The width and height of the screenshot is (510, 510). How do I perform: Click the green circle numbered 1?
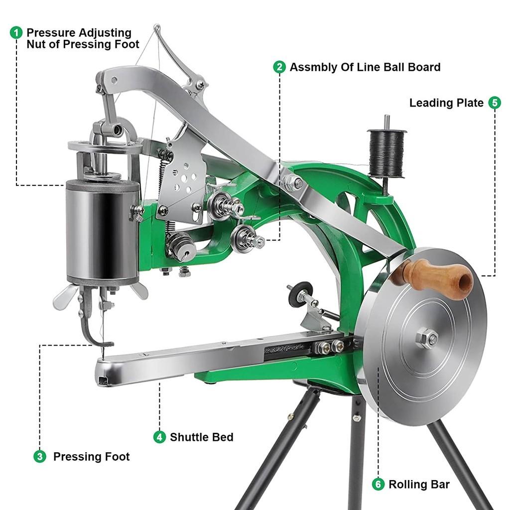pyautogui.click(x=16, y=33)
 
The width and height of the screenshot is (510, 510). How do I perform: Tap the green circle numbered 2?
pyautogui.click(x=279, y=67)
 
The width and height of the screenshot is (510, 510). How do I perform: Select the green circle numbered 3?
pyautogui.click(x=40, y=456)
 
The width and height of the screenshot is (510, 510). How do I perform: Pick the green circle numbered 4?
pyautogui.click(x=159, y=437)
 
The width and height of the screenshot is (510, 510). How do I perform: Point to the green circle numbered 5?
pyautogui.click(x=494, y=103)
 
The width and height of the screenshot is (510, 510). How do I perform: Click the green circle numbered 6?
pyautogui.click(x=379, y=484)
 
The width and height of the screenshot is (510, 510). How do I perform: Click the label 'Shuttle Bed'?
pyautogui.click(x=201, y=437)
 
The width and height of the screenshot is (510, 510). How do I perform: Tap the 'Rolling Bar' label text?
pyautogui.click(x=419, y=484)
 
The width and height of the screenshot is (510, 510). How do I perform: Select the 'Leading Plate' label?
pyautogui.click(x=446, y=103)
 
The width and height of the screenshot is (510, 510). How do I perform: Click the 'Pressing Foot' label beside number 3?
pyautogui.click(x=91, y=457)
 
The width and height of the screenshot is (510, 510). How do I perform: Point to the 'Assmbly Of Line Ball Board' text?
pyautogui.click(x=365, y=67)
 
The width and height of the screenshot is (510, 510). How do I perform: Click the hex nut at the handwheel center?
pyautogui.click(x=426, y=339)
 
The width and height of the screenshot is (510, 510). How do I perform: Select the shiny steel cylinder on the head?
pyautogui.click(x=103, y=232)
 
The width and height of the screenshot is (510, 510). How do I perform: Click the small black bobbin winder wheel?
pyautogui.click(x=300, y=294)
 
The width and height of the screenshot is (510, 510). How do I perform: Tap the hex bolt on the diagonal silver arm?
pyautogui.click(x=293, y=183)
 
